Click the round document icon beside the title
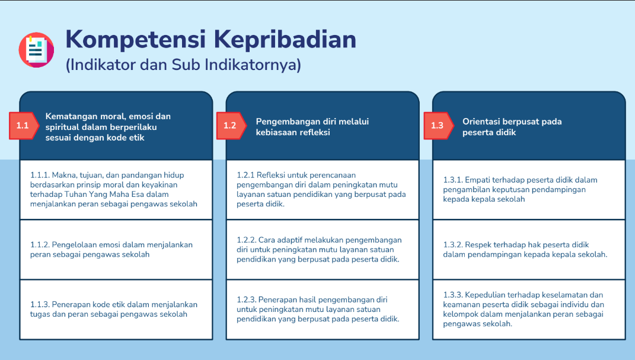pyautogui.click(x=36, y=50)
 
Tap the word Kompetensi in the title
pyautogui.click(x=136, y=39)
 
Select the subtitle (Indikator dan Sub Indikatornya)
pyautogui.click(x=183, y=65)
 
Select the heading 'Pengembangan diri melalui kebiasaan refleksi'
pyautogui.click(x=312, y=127)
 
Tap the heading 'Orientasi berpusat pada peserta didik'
pyautogui.click(x=512, y=127)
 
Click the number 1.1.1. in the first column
pyautogui.click(x=40, y=175)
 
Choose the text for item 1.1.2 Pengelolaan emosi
pyautogui.click(x=111, y=249)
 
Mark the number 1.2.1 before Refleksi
pyautogui.click(x=245, y=175)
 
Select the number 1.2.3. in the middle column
pyautogui.click(x=247, y=300)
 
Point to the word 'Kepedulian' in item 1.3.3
pyautogui.click(x=485, y=295)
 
